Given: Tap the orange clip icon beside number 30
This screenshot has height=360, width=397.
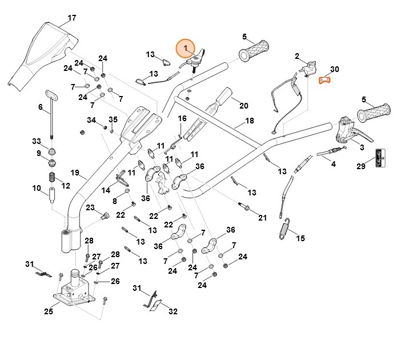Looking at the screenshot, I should [324, 79].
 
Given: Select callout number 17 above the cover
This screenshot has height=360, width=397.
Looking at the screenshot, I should [71, 18].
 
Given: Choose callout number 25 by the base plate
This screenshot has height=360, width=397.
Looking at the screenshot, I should [49, 311].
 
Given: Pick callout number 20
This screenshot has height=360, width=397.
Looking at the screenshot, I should [243, 106].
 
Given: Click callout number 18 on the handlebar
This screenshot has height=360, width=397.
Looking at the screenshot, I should [249, 121].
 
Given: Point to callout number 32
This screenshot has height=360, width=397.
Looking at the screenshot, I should [173, 311].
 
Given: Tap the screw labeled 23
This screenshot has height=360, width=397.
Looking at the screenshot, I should [104, 215].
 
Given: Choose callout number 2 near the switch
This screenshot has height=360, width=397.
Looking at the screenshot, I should [296, 56].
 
